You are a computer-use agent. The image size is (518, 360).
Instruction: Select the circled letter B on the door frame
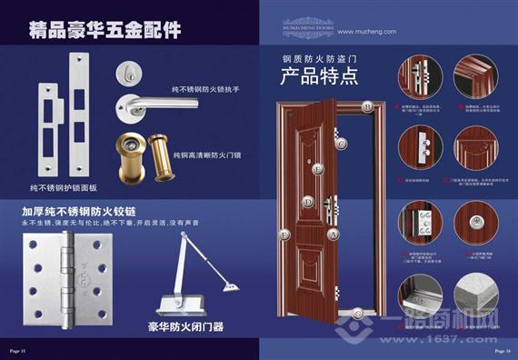coord(368,106)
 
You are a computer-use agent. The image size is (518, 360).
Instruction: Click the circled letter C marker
coord(341,143)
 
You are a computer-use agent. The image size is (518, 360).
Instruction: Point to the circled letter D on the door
coord(310,202)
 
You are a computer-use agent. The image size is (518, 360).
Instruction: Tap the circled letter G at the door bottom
coord(359,313)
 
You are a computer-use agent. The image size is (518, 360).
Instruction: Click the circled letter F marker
coord(285,235)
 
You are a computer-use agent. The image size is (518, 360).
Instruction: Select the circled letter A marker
coord(334,234)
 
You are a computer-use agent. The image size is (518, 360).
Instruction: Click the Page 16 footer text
coord(502,349)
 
